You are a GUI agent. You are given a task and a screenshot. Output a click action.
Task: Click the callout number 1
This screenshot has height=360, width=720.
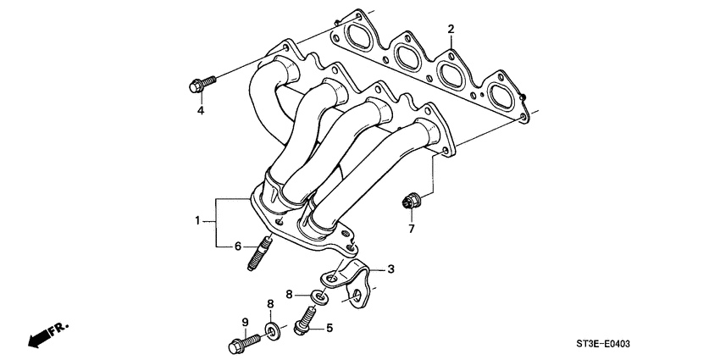coord(198,221)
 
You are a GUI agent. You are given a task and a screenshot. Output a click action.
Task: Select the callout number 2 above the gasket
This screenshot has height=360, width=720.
coord(451,30)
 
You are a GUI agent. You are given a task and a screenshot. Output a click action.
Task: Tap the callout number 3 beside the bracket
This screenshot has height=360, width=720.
coord(391,269)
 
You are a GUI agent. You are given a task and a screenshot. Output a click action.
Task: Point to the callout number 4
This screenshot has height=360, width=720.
coord(201,111)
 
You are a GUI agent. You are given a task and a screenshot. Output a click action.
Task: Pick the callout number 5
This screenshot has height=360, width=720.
coord(330,328)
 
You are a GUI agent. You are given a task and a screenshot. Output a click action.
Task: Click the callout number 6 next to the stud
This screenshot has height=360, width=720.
coord(239,246)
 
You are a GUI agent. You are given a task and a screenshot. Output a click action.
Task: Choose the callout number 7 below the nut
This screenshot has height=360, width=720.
coord(412,229)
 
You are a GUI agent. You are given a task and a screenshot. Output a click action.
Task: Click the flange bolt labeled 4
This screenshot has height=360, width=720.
coord(200,83)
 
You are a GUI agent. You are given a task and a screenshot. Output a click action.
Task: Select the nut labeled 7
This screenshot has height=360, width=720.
coord(411,202)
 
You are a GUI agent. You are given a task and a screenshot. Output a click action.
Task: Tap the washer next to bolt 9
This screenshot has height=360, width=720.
coord(272,330)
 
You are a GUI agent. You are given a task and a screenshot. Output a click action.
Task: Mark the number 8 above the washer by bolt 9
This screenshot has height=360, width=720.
coord(270,303)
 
